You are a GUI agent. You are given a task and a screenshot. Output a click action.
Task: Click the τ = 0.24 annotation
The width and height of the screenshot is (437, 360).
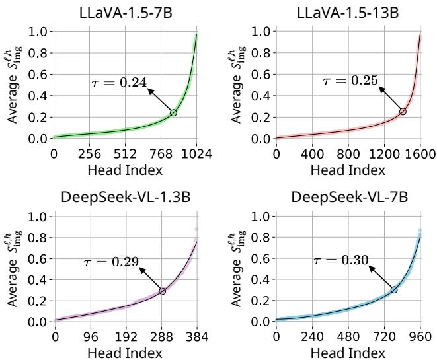(118, 83)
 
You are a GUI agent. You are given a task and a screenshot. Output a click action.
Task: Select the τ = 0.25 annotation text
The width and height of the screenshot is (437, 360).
(350, 81)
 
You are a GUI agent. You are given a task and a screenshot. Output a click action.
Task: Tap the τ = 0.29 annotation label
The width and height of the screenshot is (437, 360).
(111, 262)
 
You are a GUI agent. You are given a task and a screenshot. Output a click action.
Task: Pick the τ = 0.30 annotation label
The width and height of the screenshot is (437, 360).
(340, 260)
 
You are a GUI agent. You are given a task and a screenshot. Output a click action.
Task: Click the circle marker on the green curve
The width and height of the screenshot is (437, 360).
(173, 113)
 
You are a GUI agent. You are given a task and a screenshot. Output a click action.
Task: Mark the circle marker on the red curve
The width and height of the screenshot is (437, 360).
(403, 112)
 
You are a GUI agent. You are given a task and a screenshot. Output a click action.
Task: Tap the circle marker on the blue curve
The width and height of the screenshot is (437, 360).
(394, 290)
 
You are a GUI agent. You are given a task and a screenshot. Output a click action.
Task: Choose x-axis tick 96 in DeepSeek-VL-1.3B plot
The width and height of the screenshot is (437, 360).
(91, 336)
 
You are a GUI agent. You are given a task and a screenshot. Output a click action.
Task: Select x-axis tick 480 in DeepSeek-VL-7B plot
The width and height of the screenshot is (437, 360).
(348, 336)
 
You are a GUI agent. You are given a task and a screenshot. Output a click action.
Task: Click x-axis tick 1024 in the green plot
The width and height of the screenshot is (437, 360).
(196, 155)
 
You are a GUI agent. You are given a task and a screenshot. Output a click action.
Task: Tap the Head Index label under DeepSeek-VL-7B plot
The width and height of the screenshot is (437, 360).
(348, 352)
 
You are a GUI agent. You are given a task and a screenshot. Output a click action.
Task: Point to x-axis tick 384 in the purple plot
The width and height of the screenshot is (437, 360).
(198, 336)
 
